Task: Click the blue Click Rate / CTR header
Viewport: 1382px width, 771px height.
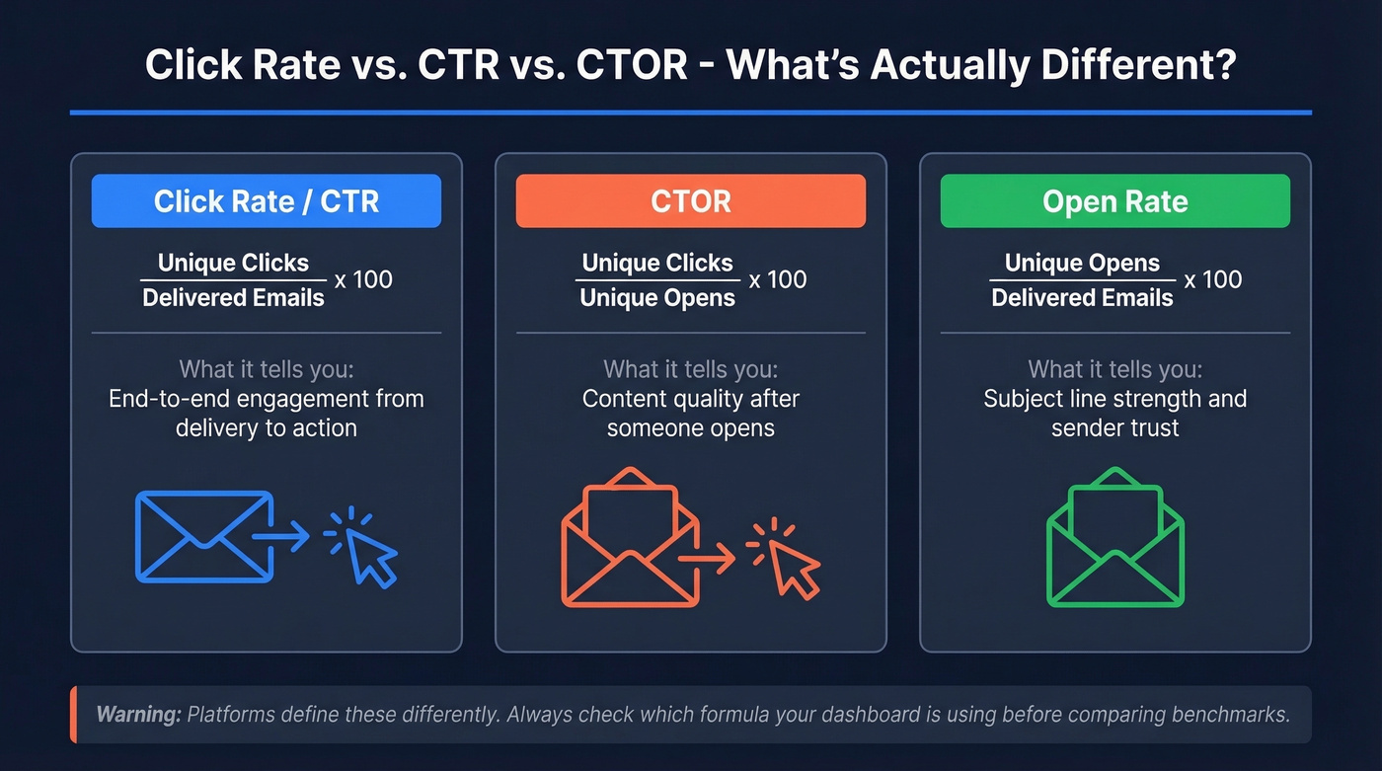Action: click(x=267, y=201)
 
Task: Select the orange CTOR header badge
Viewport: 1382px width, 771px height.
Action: click(x=690, y=201)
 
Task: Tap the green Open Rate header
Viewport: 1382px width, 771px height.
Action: click(x=1114, y=201)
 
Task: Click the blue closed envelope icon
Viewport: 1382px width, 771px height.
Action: click(x=203, y=536)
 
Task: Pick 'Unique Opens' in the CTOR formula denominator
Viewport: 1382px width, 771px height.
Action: click(x=657, y=298)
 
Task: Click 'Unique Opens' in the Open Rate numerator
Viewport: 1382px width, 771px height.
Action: click(x=1082, y=264)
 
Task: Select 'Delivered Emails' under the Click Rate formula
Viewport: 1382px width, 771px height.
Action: click(x=233, y=298)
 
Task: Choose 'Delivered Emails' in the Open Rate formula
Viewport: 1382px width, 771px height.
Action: click(x=1082, y=298)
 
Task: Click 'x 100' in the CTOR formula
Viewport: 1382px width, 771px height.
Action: click(x=778, y=280)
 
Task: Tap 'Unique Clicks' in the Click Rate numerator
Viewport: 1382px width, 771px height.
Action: click(x=233, y=264)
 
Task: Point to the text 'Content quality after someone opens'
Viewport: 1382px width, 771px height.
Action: click(x=690, y=414)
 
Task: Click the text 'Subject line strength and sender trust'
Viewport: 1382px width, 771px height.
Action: click(x=1114, y=414)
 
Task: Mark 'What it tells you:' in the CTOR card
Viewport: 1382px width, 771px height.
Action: click(x=690, y=370)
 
